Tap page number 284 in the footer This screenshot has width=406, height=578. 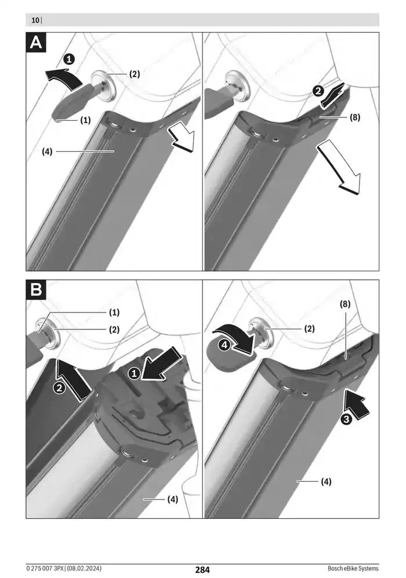(x=202, y=570)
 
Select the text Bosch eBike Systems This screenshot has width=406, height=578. (x=353, y=569)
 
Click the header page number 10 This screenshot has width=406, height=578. (x=35, y=20)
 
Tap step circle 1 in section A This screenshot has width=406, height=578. (x=69, y=59)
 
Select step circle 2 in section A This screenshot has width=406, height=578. (x=318, y=91)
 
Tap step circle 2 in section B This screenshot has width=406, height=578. (x=60, y=388)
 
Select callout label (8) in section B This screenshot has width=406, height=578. (x=345, y=304)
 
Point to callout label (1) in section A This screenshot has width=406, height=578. (x=85, y=120)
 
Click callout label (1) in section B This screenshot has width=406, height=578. (x=114, y=312)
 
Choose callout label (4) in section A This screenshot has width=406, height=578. (x=47, y=152)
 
